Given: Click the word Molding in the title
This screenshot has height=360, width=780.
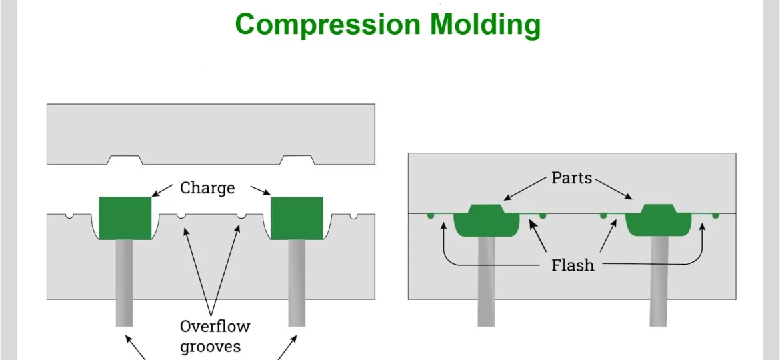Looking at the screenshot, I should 485,25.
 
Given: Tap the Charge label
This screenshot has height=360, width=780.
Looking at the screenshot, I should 207,188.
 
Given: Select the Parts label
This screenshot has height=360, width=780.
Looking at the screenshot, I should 571,179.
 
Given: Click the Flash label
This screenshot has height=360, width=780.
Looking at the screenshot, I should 573,265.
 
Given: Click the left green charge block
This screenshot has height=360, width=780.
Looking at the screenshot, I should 125,217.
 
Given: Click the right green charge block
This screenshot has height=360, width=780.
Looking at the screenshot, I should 297,217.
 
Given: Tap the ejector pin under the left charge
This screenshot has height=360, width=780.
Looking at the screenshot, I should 124,283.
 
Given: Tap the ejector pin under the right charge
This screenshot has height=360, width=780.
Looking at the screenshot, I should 297,283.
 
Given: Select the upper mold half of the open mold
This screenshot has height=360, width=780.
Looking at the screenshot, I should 210,130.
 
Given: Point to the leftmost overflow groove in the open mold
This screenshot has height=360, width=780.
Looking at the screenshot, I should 69,216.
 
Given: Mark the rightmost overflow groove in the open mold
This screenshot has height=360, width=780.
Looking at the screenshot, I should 353,216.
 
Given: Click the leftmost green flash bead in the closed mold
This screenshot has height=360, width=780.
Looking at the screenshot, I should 431,215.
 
